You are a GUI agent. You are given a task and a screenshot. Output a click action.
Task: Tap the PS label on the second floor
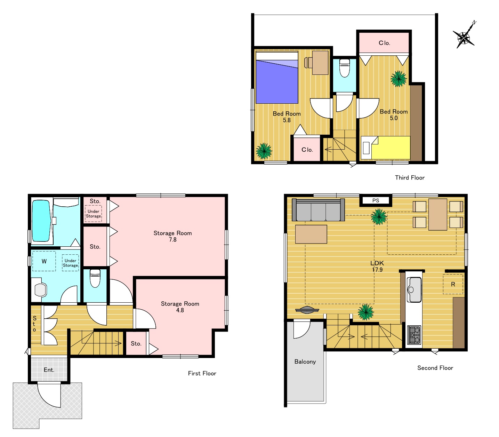coord(376,200)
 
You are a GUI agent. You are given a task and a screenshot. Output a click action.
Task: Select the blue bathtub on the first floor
coord(41,221)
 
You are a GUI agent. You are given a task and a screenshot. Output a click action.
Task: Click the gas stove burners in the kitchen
coord(414,334)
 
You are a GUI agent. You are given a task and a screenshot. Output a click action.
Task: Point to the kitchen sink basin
coord(414,289)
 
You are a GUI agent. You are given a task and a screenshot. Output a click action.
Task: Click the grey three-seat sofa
coord(318,210)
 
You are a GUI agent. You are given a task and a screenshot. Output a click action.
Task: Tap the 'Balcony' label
coord(305,361)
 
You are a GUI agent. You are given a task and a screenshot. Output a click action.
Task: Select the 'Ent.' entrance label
coord(49,370)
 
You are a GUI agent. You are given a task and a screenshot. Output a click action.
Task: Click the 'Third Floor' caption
coord(410,178)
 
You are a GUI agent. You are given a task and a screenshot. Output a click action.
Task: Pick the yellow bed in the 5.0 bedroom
coord(385,148)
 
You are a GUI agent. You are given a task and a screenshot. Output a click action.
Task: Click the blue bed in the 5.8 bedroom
coord(277,78)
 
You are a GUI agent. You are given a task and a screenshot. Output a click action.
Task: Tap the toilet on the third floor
coord(344,68)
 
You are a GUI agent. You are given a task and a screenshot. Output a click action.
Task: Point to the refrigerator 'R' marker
coord(453,284)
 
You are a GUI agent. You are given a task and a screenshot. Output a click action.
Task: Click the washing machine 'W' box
coord(44,261)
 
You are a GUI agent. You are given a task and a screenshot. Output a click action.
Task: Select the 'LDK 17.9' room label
coord(377,266)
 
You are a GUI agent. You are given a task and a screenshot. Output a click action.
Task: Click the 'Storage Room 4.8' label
coord(180,307)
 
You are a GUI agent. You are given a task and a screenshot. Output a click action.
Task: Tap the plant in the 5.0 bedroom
coord(399,79)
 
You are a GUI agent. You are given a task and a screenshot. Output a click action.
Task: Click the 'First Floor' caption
coord(202,373)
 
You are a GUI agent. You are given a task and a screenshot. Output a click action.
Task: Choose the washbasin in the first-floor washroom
coord(40,290)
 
